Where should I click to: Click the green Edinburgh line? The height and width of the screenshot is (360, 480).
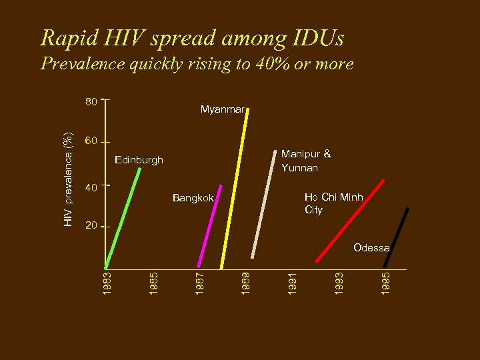pos(123,217)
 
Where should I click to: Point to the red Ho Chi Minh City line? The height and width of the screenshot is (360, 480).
pos(351,220)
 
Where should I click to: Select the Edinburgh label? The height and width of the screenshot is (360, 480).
pos(139,160)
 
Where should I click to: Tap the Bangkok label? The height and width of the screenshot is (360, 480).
pos(193,198)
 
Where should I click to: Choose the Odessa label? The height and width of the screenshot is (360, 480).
pos(371,248)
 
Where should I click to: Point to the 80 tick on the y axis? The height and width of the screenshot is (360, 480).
pos(91,102)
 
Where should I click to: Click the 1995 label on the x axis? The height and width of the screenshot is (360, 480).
pos(386,280)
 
